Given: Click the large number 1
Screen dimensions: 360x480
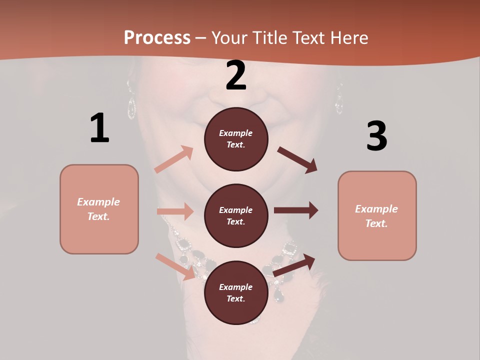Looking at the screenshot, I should (99, 128).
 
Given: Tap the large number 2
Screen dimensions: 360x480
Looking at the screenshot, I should (236, 76).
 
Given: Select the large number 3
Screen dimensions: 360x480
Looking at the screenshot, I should (376, 136).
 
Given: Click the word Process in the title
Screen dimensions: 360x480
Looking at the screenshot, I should (157, 37).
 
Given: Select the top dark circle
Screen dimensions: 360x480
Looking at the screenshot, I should (236, 139).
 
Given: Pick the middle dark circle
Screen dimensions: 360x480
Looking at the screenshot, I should (236, 216).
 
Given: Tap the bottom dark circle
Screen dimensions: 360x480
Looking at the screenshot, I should (236, 293).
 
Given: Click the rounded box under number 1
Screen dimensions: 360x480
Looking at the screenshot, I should (99, 209).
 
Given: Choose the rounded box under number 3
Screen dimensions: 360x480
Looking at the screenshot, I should (377, 216).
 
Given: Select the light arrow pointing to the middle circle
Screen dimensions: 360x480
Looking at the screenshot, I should (175, 211).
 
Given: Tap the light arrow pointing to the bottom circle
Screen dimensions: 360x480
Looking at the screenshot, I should (175, 266).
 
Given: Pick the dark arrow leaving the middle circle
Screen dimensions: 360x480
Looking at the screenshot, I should (296, 210).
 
